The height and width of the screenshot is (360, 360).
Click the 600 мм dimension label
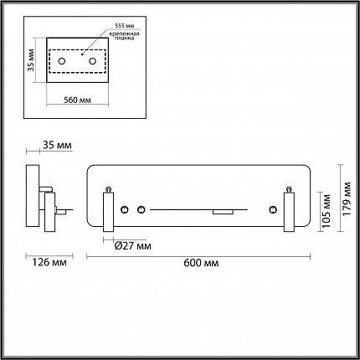[201, 263]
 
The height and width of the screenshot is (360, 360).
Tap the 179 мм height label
[347, 198]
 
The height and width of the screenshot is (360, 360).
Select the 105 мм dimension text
[327, 210]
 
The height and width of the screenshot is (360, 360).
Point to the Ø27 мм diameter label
[133, 246]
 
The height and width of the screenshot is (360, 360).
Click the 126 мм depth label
[49, 262]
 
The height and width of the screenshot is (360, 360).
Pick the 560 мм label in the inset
[77, 100]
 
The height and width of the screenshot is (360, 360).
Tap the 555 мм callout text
[125, 26]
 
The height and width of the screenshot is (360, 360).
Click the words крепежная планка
[124, 36]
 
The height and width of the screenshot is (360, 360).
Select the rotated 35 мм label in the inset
[31, 60]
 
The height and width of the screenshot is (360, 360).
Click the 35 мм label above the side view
[57, 146]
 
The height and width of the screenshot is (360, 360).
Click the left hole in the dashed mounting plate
[62, 61]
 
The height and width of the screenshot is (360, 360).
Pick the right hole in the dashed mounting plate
[92, 61]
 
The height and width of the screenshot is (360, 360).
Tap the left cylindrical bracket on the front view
[108, 212]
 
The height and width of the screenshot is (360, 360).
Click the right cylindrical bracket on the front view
[289, 212]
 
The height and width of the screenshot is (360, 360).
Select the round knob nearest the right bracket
[273, 209]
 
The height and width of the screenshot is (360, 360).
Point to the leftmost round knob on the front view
[125, 209]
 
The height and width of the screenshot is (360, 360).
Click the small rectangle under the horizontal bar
[223, 212]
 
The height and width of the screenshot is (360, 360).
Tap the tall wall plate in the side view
[33, 196]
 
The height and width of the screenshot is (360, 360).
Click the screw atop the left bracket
[108, 190]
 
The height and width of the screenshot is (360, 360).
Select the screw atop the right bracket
[289, 190]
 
